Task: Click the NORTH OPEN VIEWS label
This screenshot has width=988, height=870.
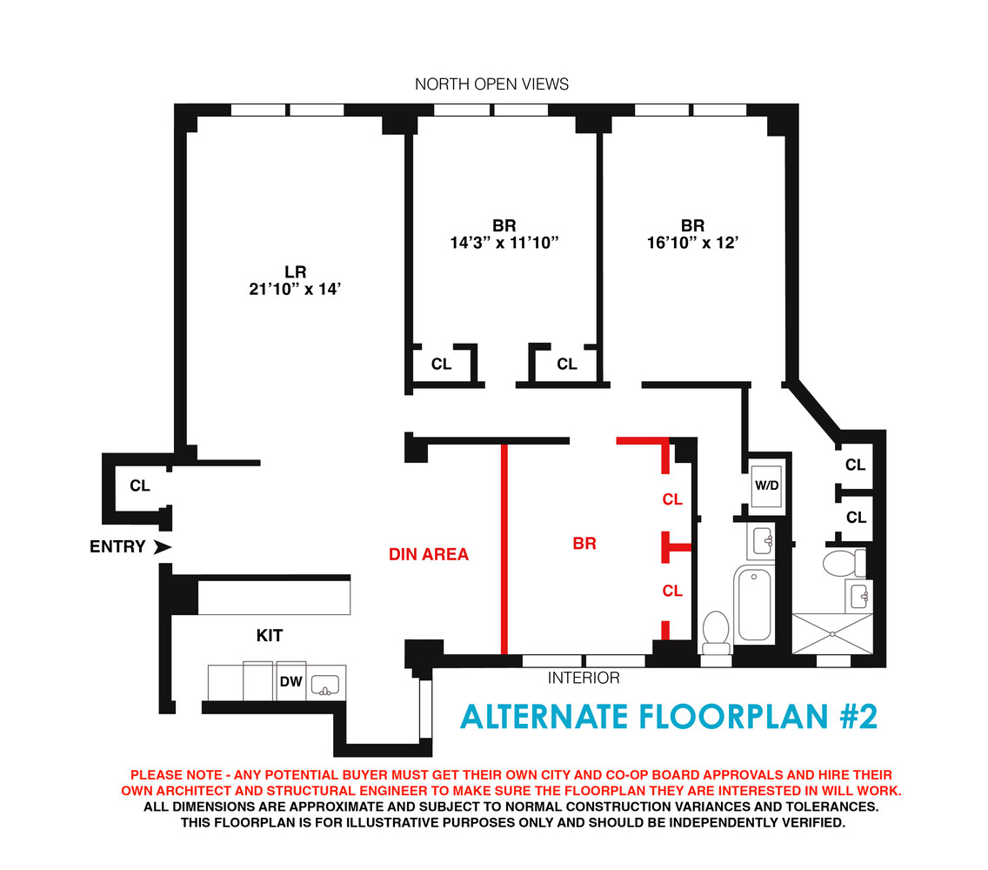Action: (x=491, y=84)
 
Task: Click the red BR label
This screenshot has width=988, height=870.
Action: (x=584, y=544)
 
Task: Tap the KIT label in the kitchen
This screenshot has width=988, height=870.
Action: (x=269, y=636)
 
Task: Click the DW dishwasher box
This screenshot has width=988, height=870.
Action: (x=290, y=683)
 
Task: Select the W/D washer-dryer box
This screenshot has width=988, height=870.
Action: (x=766, y=485)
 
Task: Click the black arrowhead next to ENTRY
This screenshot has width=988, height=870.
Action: (x=162, y=547)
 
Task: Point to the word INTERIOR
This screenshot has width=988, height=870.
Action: (x=583, y=679)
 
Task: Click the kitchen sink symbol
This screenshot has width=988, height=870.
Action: (x=327, y=684)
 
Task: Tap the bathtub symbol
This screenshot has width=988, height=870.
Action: (x=753, y=605)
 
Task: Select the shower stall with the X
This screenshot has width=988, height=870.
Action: (x=832, y=633)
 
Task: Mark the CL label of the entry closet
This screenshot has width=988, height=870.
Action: (x=140, y=485)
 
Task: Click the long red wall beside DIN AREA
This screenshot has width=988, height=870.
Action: (x=503, y=548)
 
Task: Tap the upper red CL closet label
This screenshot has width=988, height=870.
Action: (x=672, y=499)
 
